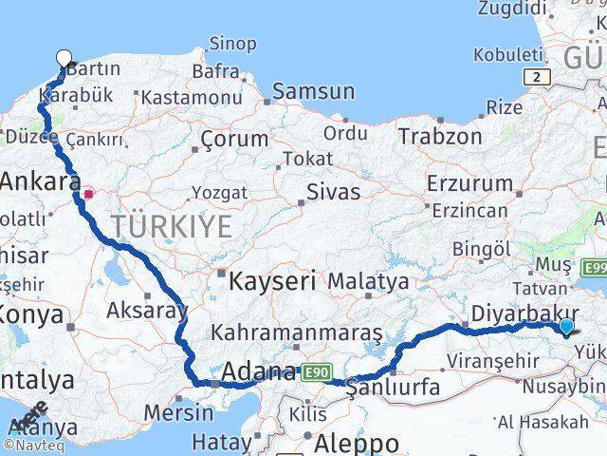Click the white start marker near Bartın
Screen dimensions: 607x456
click(64, 59)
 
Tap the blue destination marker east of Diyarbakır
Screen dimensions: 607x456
click(566, 327)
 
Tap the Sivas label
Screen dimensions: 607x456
click(333, 192)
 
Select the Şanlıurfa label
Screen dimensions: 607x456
click(393, 387)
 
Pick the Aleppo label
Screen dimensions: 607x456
click(358, 443)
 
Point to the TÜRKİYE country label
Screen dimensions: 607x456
click(171, 226)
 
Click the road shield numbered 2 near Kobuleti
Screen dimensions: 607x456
click(538, 76)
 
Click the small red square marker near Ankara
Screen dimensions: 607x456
click(88, 194)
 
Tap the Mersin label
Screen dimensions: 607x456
click(179, 413)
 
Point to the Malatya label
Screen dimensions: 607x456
click(369, 281)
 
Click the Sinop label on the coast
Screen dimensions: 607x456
click(231, 44)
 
